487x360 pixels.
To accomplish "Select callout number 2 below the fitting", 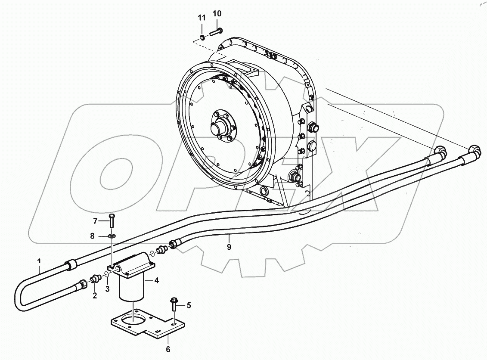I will [95, 295].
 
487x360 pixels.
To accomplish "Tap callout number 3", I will [108, 288].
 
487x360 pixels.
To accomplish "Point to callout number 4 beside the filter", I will [157, 281].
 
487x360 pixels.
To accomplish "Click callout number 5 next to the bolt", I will [188, 305].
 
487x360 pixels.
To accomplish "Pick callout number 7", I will [96, 221].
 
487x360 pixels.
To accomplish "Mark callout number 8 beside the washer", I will [92, 236].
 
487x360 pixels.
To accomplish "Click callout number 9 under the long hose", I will [229, 247].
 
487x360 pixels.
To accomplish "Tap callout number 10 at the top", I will [217, 14].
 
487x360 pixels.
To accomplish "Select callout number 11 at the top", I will [202, 18].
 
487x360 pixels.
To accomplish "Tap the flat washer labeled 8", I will [112, 236].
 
